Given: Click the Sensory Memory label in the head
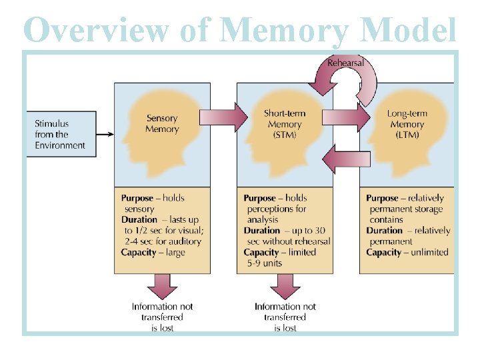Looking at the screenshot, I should tap(162, 124).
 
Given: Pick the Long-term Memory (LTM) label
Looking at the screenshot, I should tap(407, 124).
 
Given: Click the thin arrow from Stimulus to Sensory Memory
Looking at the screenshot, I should tap(103, 134).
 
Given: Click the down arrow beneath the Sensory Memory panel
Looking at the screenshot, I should tap(162, 286).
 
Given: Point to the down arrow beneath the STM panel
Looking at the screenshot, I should tap(285, 286).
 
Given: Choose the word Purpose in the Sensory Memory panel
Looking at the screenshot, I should tap(137, 198).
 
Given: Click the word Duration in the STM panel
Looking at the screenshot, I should tap(262, 231).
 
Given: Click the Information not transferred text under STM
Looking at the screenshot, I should tap(285, 312).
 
